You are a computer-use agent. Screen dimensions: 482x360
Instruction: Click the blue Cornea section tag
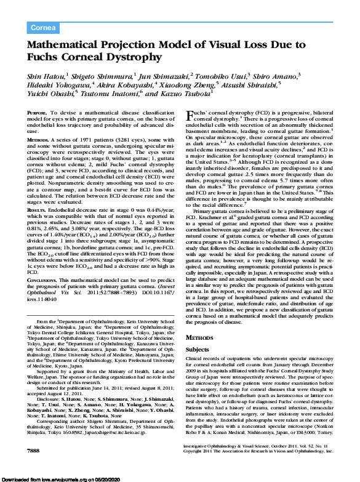click(43, 28)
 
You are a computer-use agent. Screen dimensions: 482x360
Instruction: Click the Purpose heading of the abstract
click(38, 114)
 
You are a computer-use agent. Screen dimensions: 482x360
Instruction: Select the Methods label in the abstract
click(39, 140)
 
